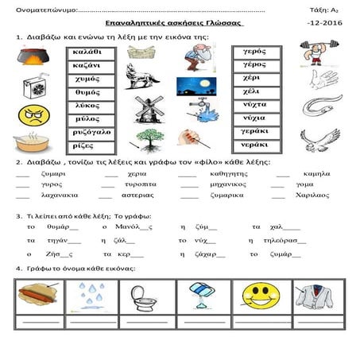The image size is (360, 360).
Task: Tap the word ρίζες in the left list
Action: point(86,146)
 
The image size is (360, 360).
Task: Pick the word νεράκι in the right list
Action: point(256,146)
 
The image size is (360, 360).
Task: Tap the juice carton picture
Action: point(33,87)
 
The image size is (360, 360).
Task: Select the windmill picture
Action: point(149,109)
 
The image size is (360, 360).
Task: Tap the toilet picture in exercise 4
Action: point(148,296)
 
